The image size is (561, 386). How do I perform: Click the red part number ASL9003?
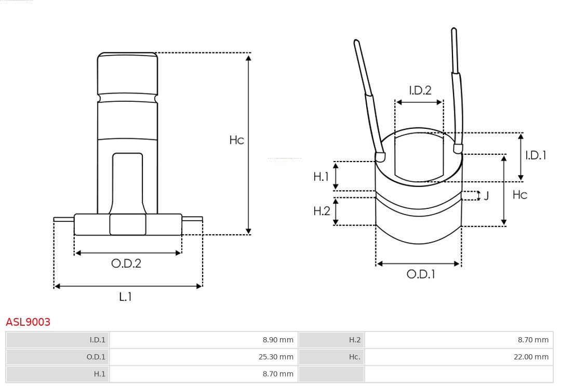point(28,322)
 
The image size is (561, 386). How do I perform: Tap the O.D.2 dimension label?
point(126,263)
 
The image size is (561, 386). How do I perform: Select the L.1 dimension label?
point(126,297)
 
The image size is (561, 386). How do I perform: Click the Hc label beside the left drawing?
point(236,140)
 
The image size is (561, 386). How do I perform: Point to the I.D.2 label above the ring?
point(420,90)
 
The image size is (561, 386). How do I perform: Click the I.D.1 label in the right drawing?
point(536,155)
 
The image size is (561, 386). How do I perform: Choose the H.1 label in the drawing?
point(321,176)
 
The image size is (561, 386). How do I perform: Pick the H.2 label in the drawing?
point(322,211)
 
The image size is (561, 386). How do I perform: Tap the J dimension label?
point(486,196)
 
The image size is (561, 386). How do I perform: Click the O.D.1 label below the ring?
point(421,274)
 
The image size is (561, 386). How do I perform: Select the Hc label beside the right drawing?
point(519,195)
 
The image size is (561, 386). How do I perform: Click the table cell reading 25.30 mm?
point(276,357)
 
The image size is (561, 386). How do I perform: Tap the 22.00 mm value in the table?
point(531,357)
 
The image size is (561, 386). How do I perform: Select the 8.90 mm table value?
point(278,340)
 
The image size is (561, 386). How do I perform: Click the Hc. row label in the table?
point(355,357)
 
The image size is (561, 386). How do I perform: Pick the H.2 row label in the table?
point(355,340)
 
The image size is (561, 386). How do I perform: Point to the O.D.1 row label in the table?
point(96,357)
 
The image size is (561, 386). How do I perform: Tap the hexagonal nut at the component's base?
point(128,224)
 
